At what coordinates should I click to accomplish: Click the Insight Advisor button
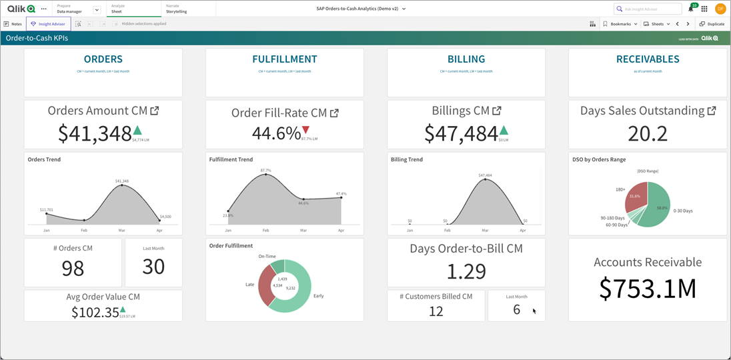tap(48, 24)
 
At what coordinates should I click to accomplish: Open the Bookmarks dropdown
tap(620, 24)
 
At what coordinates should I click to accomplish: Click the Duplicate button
tap(712, 24)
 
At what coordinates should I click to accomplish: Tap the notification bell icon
tap(691, 9)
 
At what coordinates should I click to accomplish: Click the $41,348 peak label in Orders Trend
tap(121, 181)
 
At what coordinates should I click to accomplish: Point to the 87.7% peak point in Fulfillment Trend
tap(266, 174)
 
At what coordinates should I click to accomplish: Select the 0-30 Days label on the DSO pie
tap(683, 211)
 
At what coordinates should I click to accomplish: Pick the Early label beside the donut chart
tap(318, 295)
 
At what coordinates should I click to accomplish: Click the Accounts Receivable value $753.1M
tap(647, 288)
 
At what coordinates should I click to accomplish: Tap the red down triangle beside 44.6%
tap(306, 130)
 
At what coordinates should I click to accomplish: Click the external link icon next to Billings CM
tap(496, 111)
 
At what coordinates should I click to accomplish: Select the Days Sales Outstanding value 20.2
tap(647, 133)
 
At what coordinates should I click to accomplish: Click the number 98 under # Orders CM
tap(73, 268)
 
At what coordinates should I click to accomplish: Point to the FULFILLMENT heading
tap(285, 59)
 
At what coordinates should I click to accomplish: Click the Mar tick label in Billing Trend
tap(485, 230)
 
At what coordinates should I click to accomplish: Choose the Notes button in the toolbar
tap(13, 24)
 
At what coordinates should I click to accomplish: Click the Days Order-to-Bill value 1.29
tap(466, 271)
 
